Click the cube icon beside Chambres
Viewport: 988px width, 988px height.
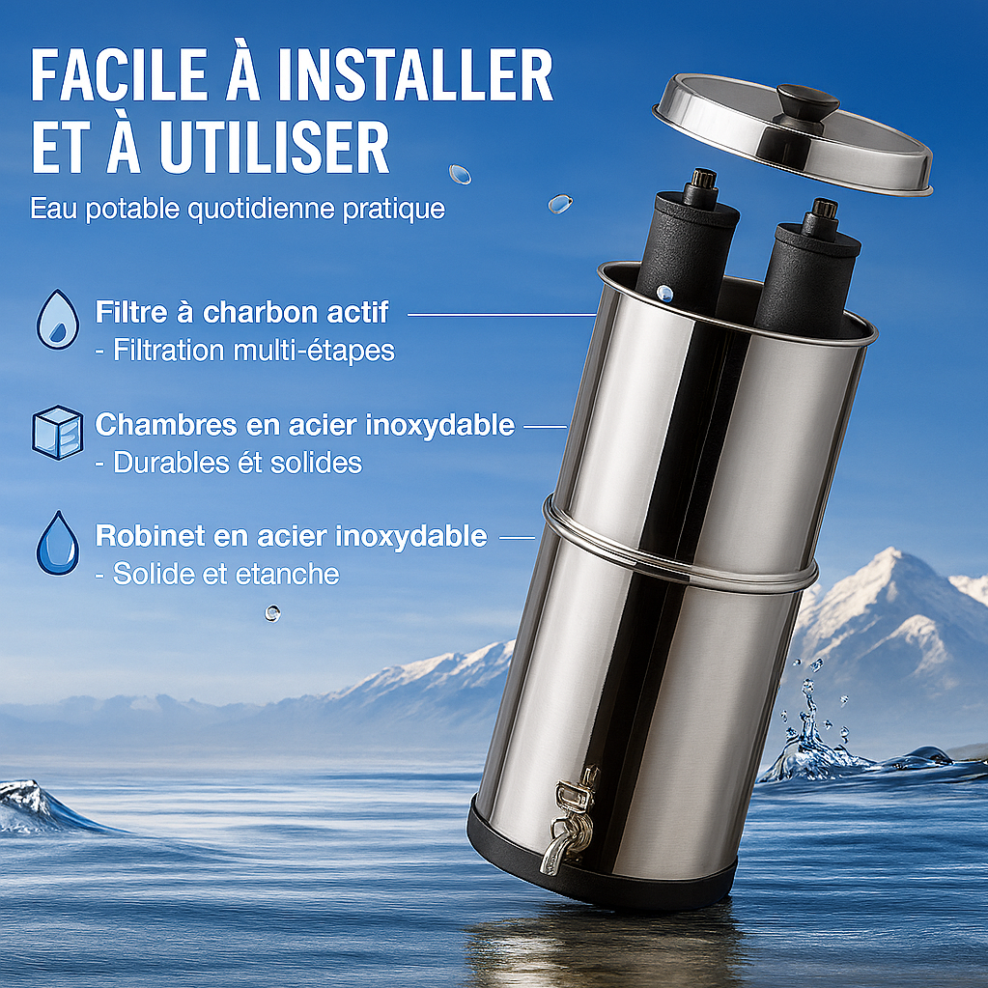pos(57,432)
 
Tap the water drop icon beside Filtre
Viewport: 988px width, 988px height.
pos(57,320)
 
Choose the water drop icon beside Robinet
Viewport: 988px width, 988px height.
pos(57,543)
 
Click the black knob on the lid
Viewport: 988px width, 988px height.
pos(807,101)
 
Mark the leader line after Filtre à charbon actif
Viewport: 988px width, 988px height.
pos(502,314)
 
